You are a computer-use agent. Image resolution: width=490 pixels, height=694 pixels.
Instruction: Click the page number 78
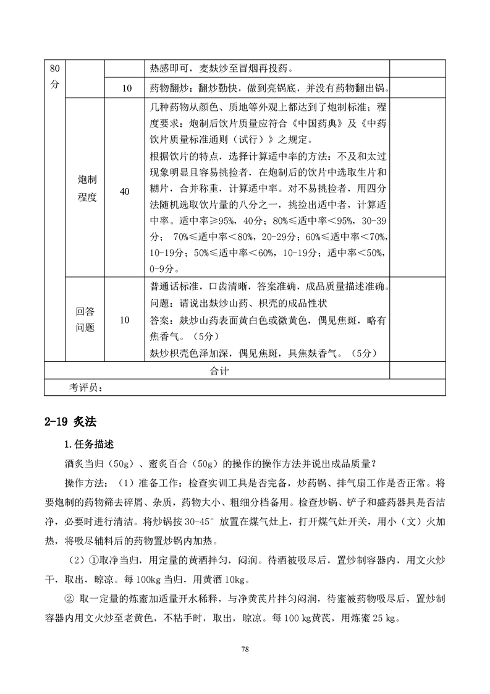245,649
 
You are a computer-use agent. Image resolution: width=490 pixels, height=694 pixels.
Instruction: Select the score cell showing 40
125,192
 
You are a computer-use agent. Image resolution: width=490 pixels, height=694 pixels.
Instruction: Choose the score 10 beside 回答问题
125,320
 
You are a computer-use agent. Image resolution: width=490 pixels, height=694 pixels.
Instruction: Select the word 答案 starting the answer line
160,320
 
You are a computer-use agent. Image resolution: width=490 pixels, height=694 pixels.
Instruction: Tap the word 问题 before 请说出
160,304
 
